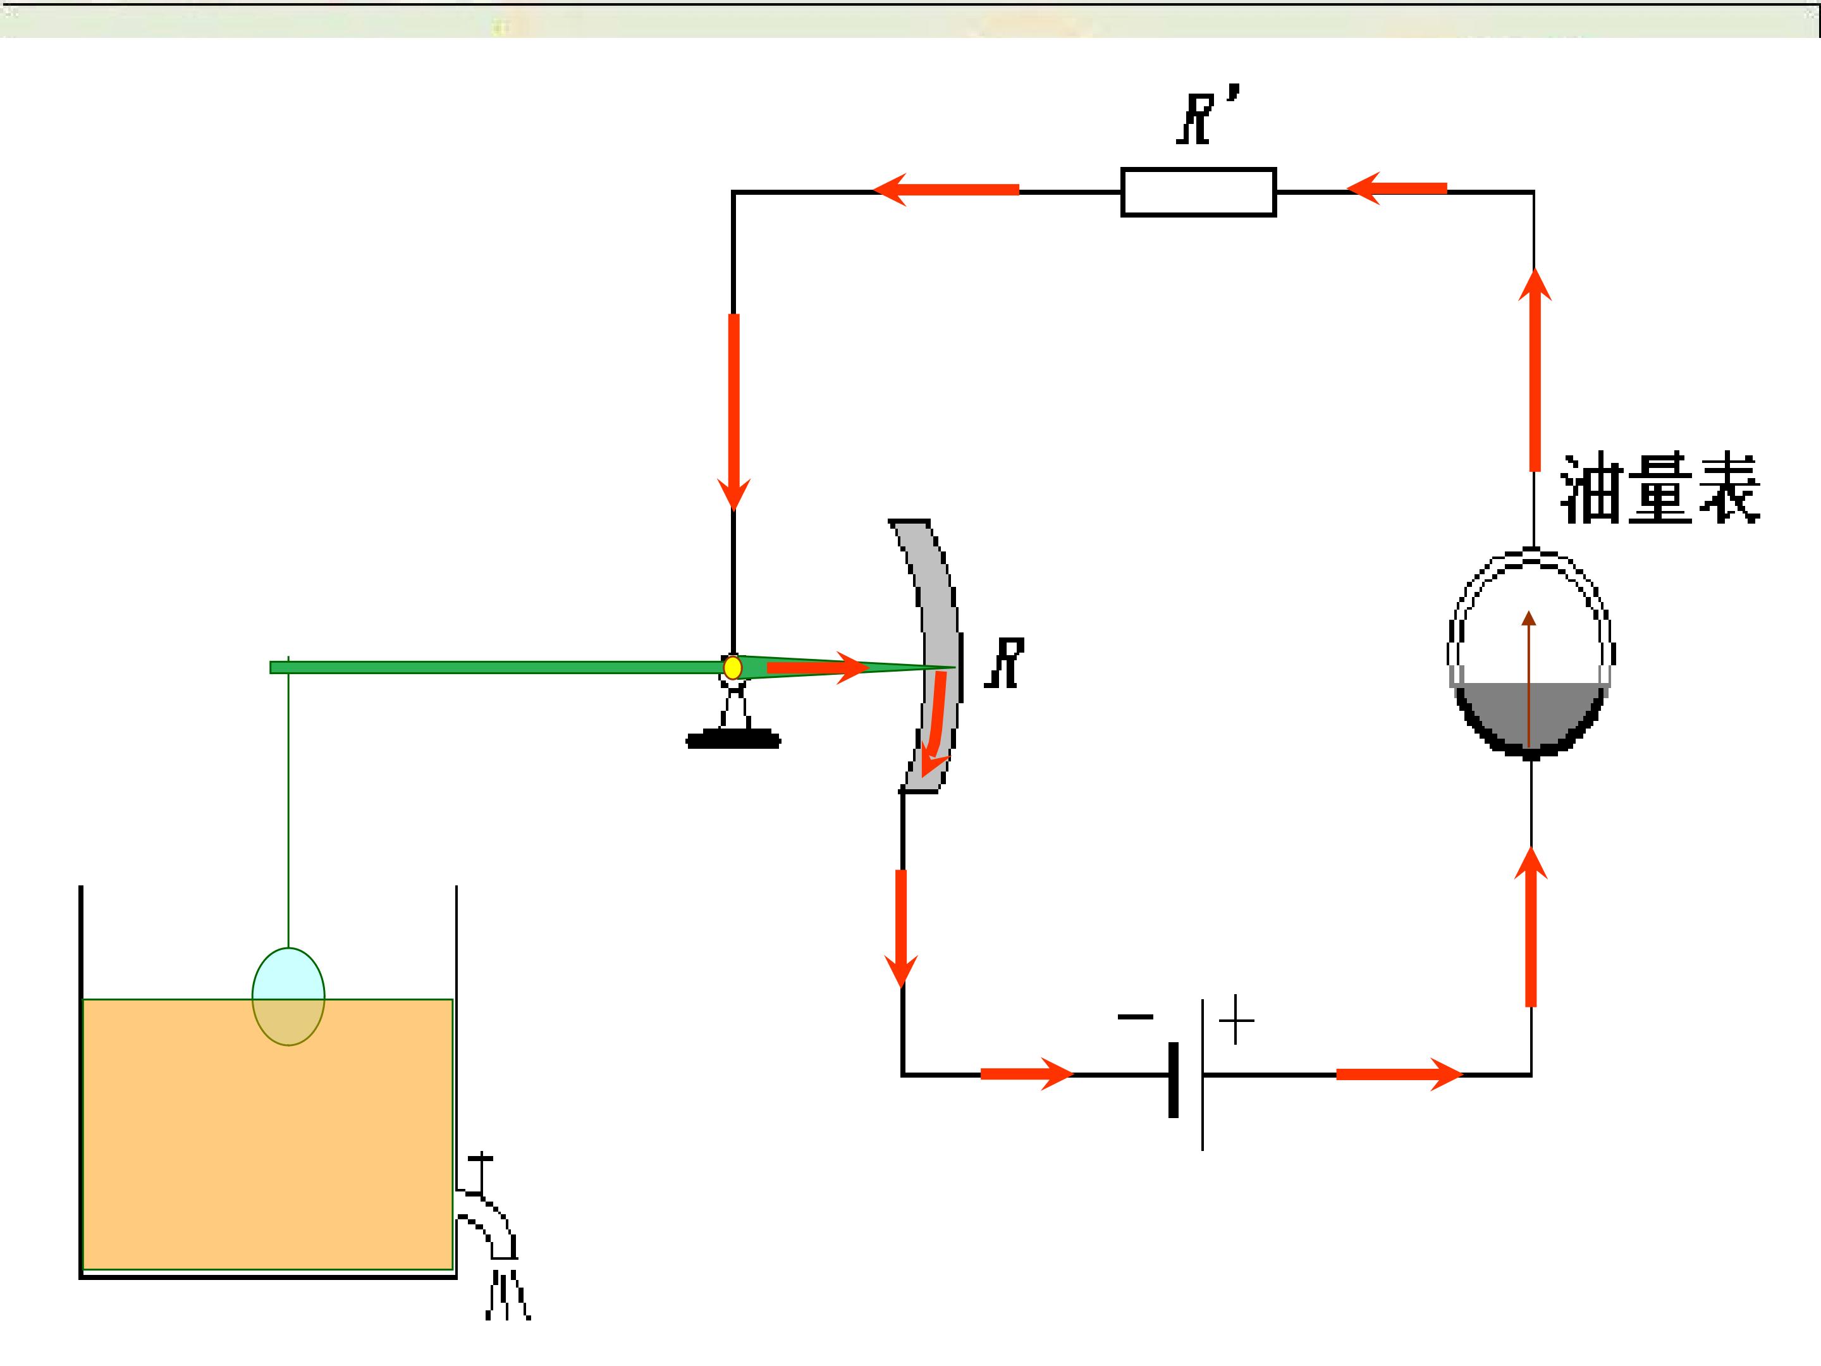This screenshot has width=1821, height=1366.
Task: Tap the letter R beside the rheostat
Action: pyautogui.click(x=1005, y=663)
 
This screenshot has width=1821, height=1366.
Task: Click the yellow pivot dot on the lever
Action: pyautogui.click(x=732, y=667)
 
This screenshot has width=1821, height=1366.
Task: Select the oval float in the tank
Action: pyautogui.click(x=288, y=996)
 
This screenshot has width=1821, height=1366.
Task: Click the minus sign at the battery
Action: pyautogui.click(x=1135, y=1017)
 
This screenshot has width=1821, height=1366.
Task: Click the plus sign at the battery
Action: pyautogui.click(x=1237, y=1020)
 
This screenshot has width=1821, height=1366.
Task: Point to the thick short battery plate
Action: pyautogui.click(x=1173, y=1080)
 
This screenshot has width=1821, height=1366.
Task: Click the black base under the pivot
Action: pyautogui.click(x=733, y=739)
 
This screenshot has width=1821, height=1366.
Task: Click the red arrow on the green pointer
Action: pyautogui.click(x=818, y=667)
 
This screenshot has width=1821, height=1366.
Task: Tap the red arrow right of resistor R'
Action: pyautogui.click(x=1396, y=188)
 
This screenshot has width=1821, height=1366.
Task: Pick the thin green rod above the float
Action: pyautogui.click(x=288, y=802)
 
